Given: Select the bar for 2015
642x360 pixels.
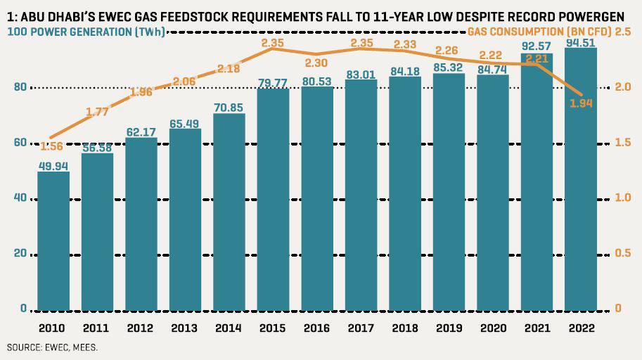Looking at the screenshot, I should tap(273, 204).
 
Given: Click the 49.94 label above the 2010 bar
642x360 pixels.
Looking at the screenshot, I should tap(53, 165).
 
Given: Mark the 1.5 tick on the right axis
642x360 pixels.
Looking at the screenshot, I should tap(623, 143).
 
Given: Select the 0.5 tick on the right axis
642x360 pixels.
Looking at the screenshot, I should tap(623, 254).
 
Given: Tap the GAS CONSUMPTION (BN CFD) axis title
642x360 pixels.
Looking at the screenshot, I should tap(538, 32).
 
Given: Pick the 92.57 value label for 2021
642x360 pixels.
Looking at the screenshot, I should tap(537, 47).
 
